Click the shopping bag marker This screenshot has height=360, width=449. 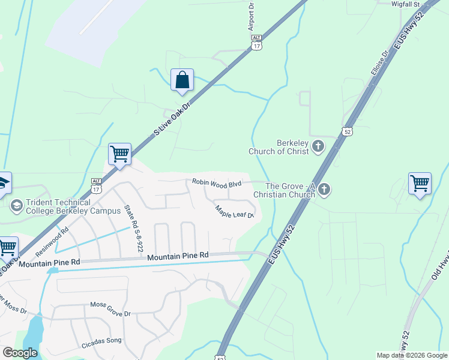click(182, 80)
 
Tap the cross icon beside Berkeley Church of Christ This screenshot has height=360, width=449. click(318, 146)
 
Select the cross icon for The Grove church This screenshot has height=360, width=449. click(324, 190)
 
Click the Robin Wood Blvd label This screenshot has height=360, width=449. click(216, 182)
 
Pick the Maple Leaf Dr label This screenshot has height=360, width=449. click(235, 211)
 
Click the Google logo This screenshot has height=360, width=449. click(20, 353)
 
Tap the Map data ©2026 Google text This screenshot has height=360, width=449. click(411, 355)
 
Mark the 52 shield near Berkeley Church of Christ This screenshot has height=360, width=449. click(346, 131)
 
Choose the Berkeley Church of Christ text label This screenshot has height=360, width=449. click(293, 147)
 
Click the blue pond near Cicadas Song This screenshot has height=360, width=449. click(34, 332)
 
